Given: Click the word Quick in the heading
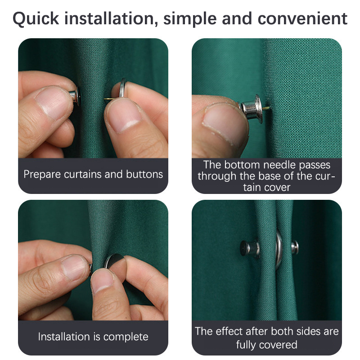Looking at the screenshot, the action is click(x=36, y=18).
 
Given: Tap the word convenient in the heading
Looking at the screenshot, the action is click(x=302, y=18).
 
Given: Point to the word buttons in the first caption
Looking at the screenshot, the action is click(x=144, y=174).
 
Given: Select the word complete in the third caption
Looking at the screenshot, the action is click(x=126, y=337).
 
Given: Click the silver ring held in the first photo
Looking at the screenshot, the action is click(x=122, y=87).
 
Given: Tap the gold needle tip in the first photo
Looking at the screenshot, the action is click(x=105, y=99).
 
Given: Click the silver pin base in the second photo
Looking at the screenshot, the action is click(x=252, y=108).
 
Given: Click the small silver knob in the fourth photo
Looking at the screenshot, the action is click(x=295, y=247).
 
